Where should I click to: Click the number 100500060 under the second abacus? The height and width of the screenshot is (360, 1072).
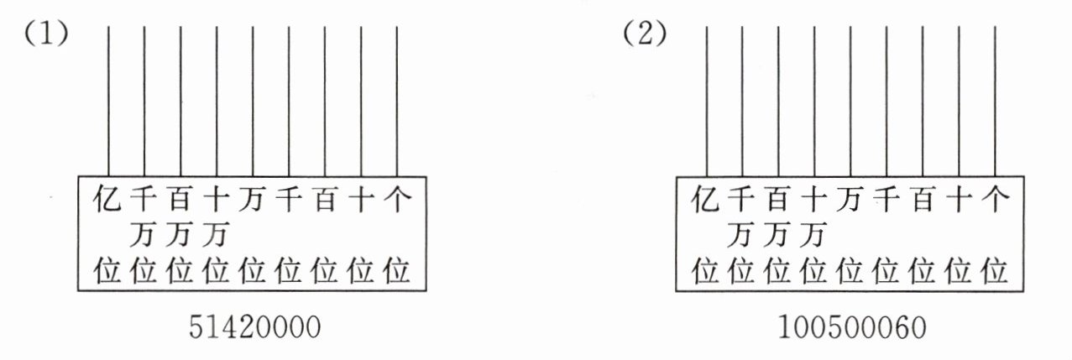click(854, 327)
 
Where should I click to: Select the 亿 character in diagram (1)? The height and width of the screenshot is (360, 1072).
click(108, 201)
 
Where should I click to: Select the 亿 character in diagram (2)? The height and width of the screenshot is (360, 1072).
click(707, 201)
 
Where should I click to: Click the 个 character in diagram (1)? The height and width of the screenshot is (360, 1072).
click(396, 201)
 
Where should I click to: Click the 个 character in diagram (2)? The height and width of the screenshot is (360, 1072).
click(995, 201)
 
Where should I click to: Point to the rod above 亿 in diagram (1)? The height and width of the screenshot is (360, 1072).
click(108, 101)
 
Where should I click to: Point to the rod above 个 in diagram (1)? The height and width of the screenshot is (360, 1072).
click(396, 101)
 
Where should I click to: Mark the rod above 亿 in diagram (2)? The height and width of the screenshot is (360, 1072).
click(707, 101)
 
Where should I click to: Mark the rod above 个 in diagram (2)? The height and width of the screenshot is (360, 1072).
click(996, 101)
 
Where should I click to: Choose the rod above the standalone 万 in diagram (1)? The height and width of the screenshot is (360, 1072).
click(253, 101)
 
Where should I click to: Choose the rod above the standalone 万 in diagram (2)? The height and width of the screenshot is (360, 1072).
click(851, 101)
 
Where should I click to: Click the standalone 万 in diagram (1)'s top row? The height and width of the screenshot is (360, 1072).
click(253, 201)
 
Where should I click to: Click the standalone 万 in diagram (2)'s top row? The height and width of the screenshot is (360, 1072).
click(851, 201)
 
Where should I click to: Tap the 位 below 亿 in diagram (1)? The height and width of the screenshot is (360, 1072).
click(108, 271)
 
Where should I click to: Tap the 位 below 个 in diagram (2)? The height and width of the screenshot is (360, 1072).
click(995, 271)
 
